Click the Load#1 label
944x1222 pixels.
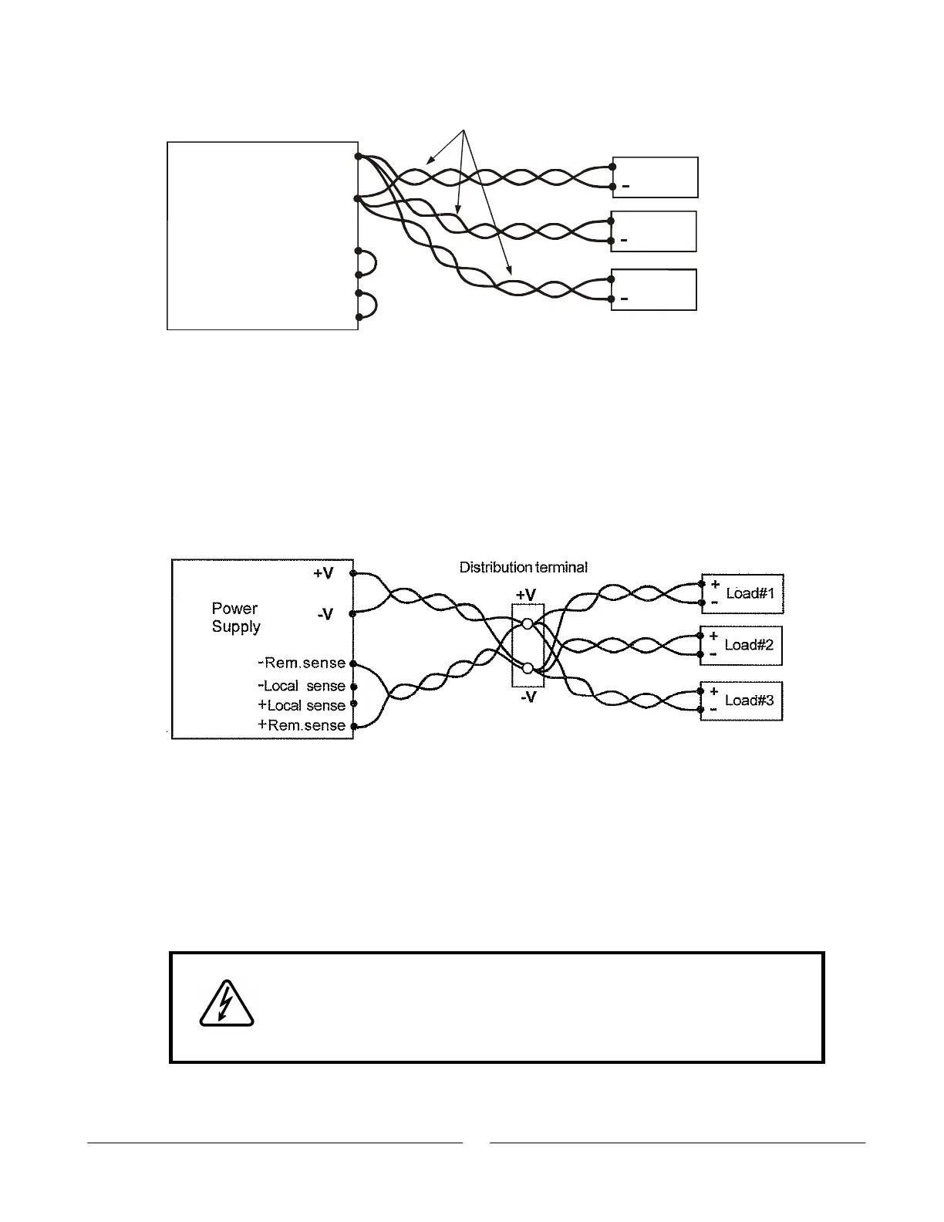click(750, 594)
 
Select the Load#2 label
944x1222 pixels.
click(750, 646)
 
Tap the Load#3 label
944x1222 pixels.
click(750, 700)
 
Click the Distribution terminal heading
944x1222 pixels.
click(524, 567)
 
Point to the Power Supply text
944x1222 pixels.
click(236, 617)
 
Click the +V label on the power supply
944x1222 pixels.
click(323, 573)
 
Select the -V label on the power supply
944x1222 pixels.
click(325, 614)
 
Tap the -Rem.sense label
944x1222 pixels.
click(302, 663)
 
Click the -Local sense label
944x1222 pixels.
click(302, 686)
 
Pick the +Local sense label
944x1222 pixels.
click(302, 705)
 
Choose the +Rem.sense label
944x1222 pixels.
click(302, 725)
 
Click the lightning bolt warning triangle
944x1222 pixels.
click(226, 1004)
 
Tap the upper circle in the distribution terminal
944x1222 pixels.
click(528, 624)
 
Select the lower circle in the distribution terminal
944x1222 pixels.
click(528, 669)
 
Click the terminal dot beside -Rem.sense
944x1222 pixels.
click(353, 663)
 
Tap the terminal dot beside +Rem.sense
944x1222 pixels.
click(353, 726)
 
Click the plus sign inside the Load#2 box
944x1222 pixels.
click(714, 636)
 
